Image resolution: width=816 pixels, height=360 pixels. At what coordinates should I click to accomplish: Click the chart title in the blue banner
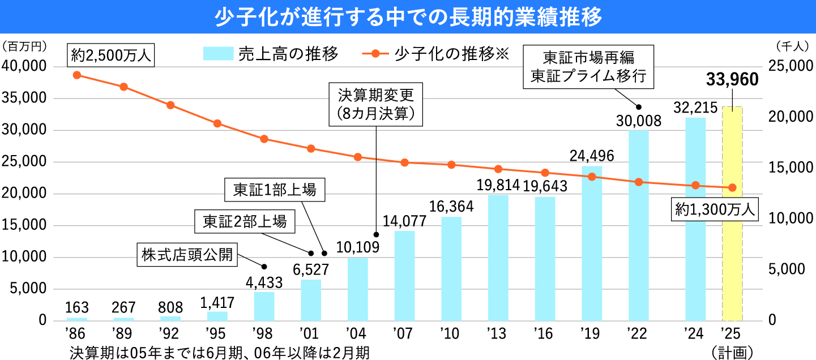tap(408, 16)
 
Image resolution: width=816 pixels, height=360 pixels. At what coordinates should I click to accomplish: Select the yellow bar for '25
tap(732, 215)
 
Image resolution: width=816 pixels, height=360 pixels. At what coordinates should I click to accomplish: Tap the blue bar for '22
tap(638, 226)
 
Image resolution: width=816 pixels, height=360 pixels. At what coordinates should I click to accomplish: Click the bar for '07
tap(404, 276)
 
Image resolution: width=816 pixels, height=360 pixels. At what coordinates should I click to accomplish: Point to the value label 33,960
tap(732, 80)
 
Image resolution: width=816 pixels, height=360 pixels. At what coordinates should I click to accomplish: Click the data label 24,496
tap(591, 155)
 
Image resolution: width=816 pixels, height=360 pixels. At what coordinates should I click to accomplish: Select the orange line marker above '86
tap(77, 75)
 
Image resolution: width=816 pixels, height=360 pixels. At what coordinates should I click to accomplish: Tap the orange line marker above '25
tap(732, 187)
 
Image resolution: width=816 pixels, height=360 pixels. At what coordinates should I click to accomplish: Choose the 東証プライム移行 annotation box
tap(588, 67)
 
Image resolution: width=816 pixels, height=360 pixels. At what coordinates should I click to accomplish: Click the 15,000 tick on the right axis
tap(787, 168)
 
